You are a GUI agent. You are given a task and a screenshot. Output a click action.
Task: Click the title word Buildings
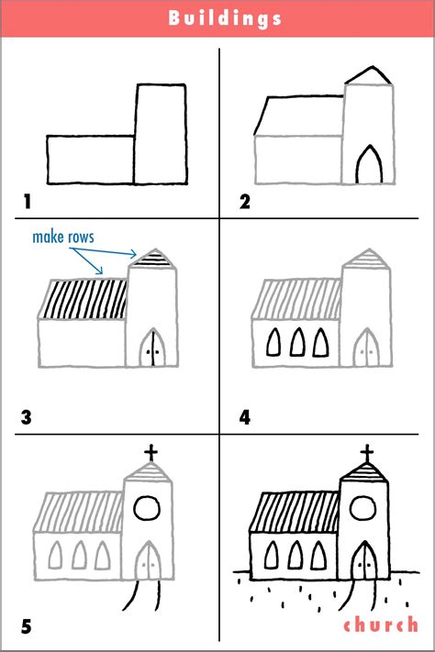(x=217, y=18)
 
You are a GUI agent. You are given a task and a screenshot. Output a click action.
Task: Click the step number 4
(x=245, y=417)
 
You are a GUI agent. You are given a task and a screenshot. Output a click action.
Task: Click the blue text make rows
(x=62, y=238)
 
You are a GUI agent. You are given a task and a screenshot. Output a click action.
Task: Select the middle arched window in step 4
(x=297, y=343)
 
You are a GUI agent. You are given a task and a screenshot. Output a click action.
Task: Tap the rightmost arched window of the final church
(x=320, y=556)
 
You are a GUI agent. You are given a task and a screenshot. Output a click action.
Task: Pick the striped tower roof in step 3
(x=149, y=260)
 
